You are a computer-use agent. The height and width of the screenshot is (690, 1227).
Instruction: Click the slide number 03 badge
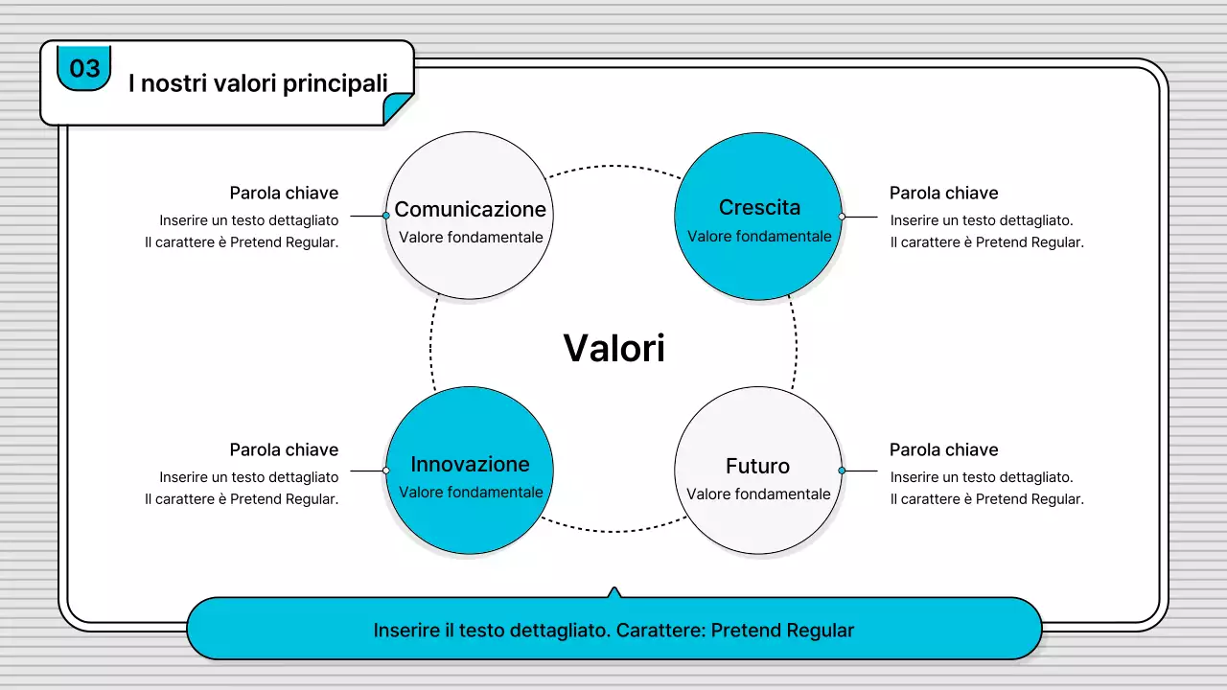point(84,68)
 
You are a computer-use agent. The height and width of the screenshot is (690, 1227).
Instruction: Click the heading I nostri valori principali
point(258,83)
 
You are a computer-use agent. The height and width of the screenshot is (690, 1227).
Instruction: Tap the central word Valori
point(613,348)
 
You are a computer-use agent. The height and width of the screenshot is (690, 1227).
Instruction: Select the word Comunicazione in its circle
point(470,209)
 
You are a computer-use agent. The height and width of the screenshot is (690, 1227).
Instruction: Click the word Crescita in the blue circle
point(759,207)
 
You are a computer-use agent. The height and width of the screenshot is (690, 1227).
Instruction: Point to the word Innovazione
point(470,464)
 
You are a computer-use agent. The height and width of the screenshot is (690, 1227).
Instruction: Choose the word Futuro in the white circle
point(757,466)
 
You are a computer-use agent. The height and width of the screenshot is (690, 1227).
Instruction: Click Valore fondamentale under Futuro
point(758,494)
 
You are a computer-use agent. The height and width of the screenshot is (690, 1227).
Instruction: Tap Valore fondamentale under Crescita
point(759,236)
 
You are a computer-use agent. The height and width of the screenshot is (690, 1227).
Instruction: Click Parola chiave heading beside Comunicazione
point(284,193)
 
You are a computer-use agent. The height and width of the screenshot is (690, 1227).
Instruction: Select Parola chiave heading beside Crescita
point(943,193)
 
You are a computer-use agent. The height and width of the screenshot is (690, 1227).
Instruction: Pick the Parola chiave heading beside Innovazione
point(284,449)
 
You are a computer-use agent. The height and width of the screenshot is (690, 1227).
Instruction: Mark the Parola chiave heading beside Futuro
point(943,449)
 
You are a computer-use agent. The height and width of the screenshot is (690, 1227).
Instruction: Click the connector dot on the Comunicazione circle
point(386,216)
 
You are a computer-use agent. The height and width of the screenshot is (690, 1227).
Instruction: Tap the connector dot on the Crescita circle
point(842,217)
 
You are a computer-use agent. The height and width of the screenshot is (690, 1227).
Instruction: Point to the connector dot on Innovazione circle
point(386,471)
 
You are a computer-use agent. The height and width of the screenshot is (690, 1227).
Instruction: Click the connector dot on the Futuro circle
point(842,471)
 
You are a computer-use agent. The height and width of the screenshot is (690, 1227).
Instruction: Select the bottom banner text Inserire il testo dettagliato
point(613,631)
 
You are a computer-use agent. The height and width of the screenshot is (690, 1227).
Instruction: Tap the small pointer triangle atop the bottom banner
point(614,592)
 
